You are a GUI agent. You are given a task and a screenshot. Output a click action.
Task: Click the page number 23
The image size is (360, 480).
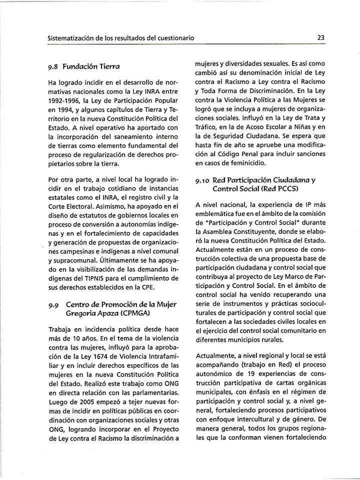(x=321, y=37)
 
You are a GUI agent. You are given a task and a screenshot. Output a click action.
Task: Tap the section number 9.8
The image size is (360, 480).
(x=54, y=66)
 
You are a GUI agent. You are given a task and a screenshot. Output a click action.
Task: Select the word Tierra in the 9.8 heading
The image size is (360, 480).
(x=109, y=66)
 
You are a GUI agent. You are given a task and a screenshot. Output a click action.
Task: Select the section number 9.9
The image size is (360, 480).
(x=54, y=304)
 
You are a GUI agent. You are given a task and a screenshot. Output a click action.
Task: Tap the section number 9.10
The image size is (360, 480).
(x=202, y=179)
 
